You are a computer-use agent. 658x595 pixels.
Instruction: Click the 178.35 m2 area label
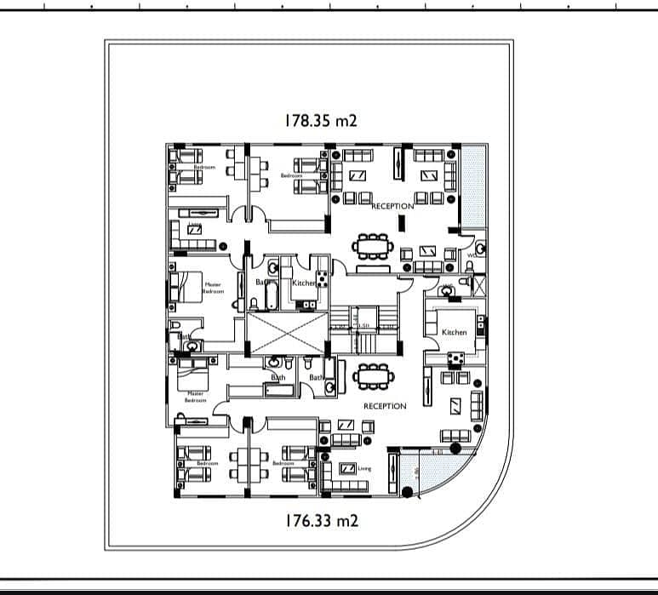320,121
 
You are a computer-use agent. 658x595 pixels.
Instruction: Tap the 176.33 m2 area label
320,520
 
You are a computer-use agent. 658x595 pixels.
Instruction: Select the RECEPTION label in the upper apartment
392,206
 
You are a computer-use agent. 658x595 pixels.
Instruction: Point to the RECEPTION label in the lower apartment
385,406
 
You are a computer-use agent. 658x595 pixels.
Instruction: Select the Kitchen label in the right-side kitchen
454,332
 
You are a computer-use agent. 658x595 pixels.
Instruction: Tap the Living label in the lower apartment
364,468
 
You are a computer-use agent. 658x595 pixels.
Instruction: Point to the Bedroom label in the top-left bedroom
204,168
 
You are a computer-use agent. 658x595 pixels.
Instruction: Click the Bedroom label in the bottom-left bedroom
208,463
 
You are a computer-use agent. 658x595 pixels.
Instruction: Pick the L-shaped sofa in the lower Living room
344,477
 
